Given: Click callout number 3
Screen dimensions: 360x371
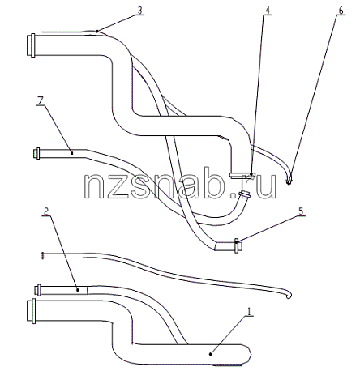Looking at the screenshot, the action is tap(139, 11).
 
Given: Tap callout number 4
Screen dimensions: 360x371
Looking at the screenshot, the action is tap(268, 11).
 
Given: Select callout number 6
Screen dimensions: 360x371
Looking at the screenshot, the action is tap(341, 11).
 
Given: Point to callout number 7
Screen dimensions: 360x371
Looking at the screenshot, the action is tap(40, 101).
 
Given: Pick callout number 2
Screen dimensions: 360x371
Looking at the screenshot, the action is tap(46, 211).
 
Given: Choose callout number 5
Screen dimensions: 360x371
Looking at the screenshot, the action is tap(302, 211).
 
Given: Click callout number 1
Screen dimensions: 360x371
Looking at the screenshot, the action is tap(250, 312).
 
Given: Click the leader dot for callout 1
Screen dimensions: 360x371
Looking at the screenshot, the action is tap(211, 354).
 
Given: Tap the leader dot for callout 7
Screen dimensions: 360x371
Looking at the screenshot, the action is tap(72, 153).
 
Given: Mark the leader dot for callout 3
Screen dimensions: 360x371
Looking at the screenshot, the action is tap(96, 32).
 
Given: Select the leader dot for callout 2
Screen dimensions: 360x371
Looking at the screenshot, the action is tap(78, 290).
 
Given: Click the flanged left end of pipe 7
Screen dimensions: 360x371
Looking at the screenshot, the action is tap(36, 153).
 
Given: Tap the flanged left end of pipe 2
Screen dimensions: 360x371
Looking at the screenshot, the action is tap(37, 290).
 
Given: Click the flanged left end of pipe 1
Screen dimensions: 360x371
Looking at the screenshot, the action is tap(32, 311).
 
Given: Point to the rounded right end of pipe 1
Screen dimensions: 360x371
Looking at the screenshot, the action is tap(248, 354).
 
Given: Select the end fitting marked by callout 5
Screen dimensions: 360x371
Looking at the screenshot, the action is tap(238, 245).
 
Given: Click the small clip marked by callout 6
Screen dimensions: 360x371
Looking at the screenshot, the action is tap(289, 182).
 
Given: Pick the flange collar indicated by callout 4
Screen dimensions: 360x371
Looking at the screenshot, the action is tap(242, 175).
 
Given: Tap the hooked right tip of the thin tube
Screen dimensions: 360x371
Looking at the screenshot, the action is tap(289, 295).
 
